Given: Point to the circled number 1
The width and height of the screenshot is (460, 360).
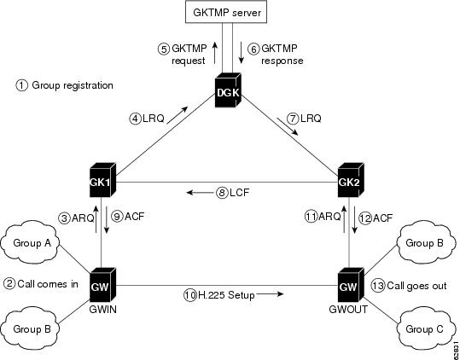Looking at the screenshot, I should point(22,85).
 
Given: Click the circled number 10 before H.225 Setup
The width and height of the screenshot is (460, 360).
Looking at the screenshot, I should point(189,294).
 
